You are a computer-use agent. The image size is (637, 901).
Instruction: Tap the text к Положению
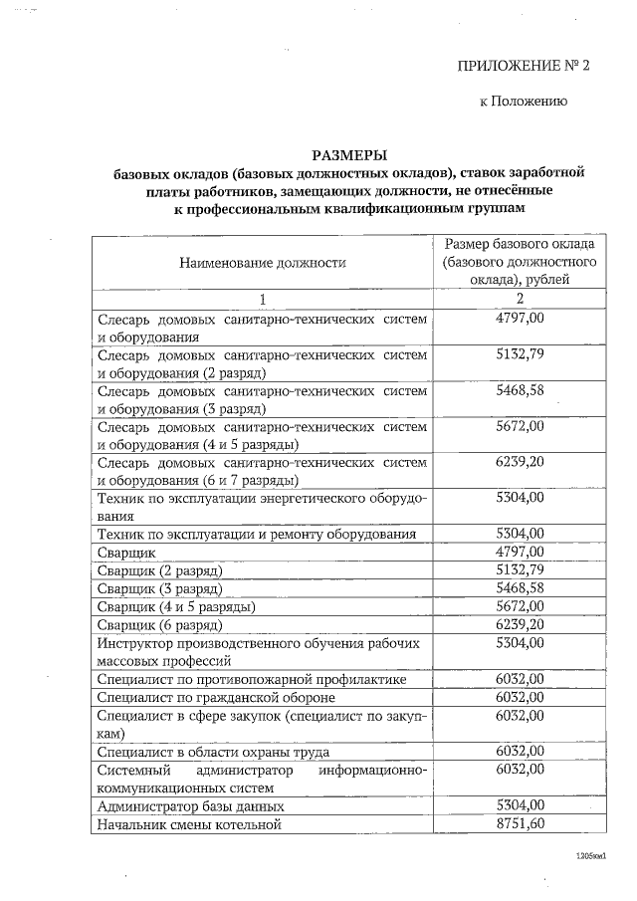(x=524, y=102)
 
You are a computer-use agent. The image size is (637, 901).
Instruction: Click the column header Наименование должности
(x=263, y=263)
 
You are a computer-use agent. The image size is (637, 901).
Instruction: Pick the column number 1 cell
(x=263, y=299)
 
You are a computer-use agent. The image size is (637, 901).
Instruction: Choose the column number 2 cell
(x=520, y=299)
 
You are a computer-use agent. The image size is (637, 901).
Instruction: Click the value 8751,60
(x=520, y=824)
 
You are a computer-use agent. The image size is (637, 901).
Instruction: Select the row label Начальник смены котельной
(x=189, y=825)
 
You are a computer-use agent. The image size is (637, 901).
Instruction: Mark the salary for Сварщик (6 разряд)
(x=520, y=624)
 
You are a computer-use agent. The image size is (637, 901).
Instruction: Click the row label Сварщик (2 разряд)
(x=159, y=570)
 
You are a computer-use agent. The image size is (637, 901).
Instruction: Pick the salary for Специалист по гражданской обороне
(x=520, y=697)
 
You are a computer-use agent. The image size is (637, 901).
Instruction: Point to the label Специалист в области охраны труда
(x=213, y=752)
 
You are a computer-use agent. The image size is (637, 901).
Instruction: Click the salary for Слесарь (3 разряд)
(x=520, y=390)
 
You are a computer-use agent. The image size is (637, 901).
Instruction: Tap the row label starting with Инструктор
(x=258, y=651)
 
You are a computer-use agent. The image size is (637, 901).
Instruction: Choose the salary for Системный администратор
(x=520, y=770)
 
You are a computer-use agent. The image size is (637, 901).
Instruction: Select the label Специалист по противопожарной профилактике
(x=251, y=679)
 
